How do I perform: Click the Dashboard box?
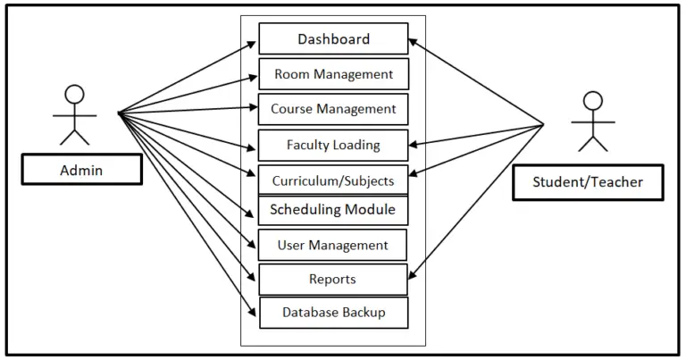tap(333, 39)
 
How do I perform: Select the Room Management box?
tap(333, 74)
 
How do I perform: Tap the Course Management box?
tap(333, 109)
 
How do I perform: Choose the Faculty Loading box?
tap(333, 145)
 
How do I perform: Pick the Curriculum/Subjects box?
tap(333, 180)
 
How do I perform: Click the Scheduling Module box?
tap(333, 210)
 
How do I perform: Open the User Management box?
tap(332, 245)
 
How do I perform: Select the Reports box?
tap(332, 280)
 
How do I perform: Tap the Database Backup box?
tap(333, 313)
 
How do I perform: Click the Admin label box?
tap(81, 169)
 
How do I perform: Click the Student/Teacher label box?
tap(588, 182)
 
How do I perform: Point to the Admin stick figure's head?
tap(75, 94)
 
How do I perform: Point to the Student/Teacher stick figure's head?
tap(591, 100)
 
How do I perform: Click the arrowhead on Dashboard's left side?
tap(255, 42)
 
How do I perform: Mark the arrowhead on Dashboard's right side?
tap(414, 41)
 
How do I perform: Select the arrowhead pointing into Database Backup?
tap(254, 311)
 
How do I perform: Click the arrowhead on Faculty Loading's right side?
tap(413, 142)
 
